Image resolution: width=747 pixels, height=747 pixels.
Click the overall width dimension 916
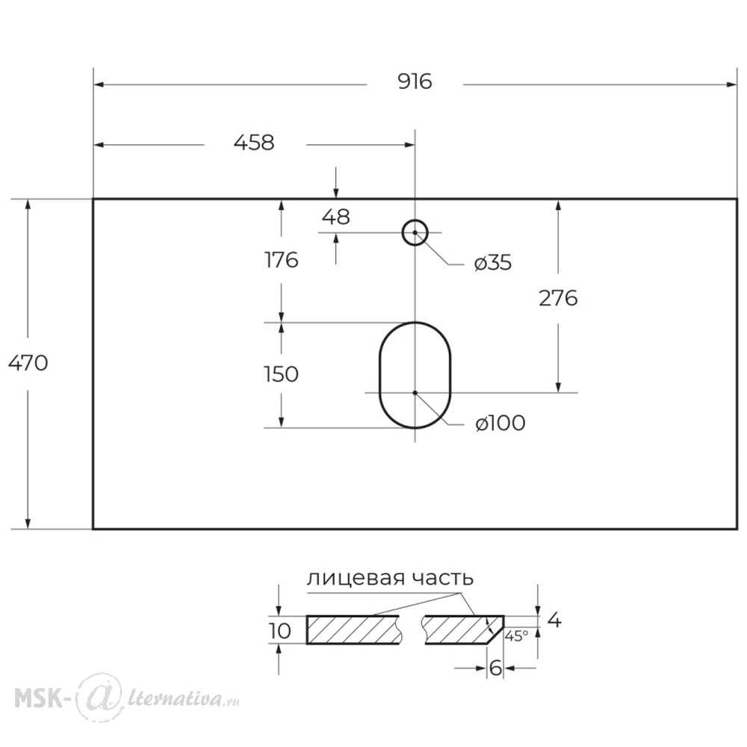pos(415,82)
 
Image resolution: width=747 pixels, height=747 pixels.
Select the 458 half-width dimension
pos(254,143)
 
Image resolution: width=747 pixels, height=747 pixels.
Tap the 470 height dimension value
pos(28,364)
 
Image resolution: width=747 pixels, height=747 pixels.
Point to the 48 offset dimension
pos(336,217)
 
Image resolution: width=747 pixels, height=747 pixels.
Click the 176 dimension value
pos(281,260)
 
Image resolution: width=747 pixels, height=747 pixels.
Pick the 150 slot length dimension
pos(281,374)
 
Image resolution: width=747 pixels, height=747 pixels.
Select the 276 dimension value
pos(558,298)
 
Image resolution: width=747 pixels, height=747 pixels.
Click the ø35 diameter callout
pos(493,262)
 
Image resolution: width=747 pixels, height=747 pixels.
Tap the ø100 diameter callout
pos(500,423)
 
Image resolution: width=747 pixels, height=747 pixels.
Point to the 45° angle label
pos(516,636)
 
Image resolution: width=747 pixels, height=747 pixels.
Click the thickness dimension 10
pos(280,630)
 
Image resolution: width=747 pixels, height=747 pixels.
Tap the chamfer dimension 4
pos(555,620)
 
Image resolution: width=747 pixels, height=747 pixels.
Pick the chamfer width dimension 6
pos(495,669)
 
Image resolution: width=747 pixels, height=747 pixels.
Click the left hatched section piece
pos(353,630)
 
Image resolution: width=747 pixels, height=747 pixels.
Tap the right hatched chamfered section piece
pos(464,630)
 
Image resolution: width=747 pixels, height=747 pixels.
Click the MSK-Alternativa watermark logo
pos(127,698)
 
